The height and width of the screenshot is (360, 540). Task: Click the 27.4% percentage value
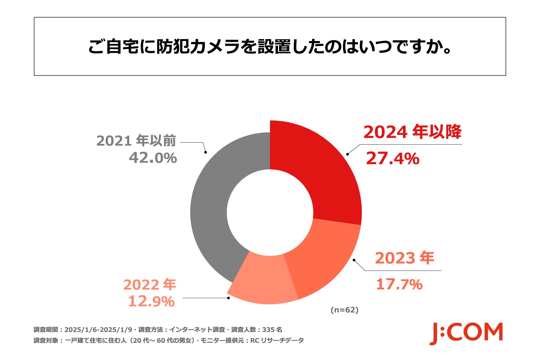click(393, 158)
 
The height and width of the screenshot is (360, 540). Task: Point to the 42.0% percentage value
click(153, 158)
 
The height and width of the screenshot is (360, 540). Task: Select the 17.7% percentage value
click(399, 284)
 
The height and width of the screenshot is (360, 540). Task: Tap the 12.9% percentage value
click(151, 301)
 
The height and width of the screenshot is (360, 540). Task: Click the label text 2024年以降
click(412, 132)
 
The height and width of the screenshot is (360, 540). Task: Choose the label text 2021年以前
click(136, 141)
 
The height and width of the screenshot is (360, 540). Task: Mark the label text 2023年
click(404, 258)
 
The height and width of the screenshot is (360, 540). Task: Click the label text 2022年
click(150, 285)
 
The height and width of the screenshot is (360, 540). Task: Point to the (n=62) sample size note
click(345, 310)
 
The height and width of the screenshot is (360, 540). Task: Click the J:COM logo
click(466, 333)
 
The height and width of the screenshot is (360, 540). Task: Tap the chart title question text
click(270, 46)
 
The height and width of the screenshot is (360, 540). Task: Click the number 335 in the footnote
click(268, 330)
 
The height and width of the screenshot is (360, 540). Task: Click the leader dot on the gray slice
click(206, 152)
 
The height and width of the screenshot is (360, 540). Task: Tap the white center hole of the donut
click(270, 212)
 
